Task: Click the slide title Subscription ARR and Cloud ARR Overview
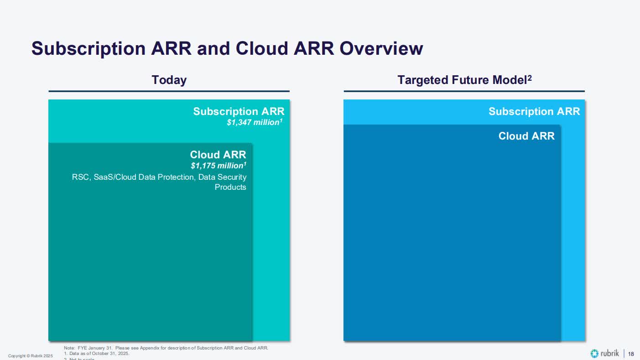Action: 227,48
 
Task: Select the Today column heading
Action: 169,80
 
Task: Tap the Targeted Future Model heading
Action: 462,80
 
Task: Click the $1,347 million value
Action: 255,122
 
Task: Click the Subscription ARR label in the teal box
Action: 239,111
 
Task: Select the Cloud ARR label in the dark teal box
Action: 218,154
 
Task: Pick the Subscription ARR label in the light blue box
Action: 534,111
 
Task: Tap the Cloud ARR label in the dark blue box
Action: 526,136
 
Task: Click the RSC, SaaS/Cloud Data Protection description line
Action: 159,177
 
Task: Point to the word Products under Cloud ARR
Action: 230,187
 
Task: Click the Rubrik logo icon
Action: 594,354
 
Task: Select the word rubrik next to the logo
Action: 610,354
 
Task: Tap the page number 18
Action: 631,354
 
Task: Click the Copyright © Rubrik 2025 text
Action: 31,355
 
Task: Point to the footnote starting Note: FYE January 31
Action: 166,348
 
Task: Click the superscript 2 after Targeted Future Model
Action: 530,78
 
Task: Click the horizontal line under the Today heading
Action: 169,91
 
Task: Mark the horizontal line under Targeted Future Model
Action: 464,91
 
